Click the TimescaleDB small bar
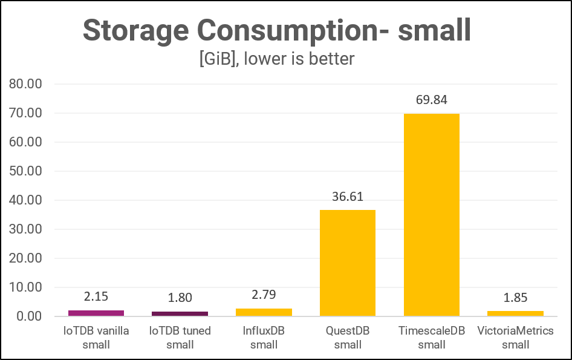coord(431,215)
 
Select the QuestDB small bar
coord(348,263)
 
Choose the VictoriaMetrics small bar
coord(515,313)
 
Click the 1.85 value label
coord(515,298)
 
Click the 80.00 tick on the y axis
coord(25,84)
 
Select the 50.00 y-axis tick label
coord(25,171)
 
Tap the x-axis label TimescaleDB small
coord(431,338)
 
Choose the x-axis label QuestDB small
coord(348,338)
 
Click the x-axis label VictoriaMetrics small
coord(515,338)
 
